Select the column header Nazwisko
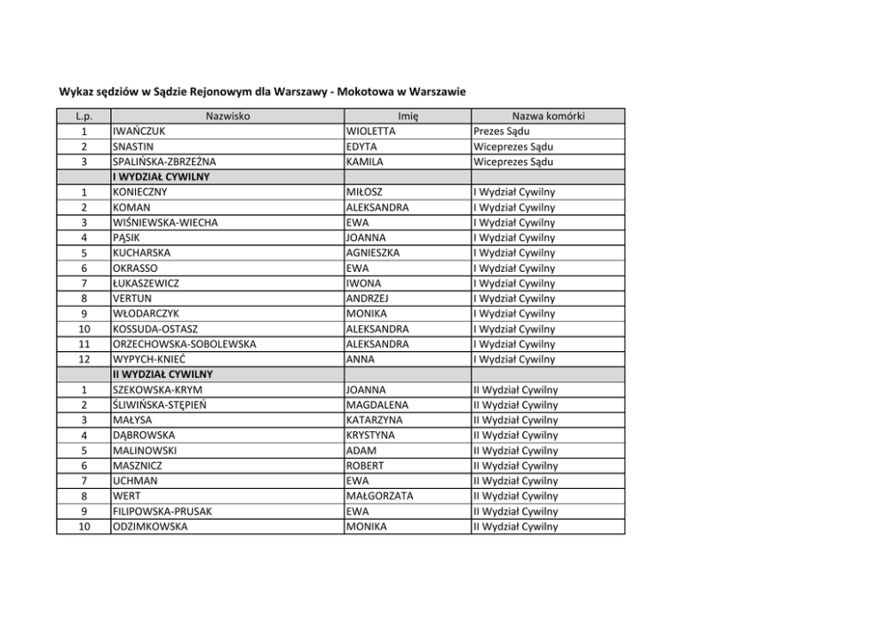(227, 116)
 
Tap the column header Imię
(408, 116)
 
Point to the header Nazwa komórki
(548, 116)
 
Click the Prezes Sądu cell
(503, 131)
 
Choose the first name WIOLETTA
(371, 131)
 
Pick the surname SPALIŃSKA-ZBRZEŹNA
(164, 162)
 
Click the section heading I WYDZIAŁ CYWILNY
(161, 177)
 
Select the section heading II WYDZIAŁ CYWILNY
(163, 374)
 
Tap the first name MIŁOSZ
(364, 192)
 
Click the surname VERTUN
(134, 299)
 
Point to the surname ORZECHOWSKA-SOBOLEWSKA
(184, 344)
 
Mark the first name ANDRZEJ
(369, 299)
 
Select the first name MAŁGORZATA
(380, 496)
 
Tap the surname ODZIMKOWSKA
(150, 526)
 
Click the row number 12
(83, 359)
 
